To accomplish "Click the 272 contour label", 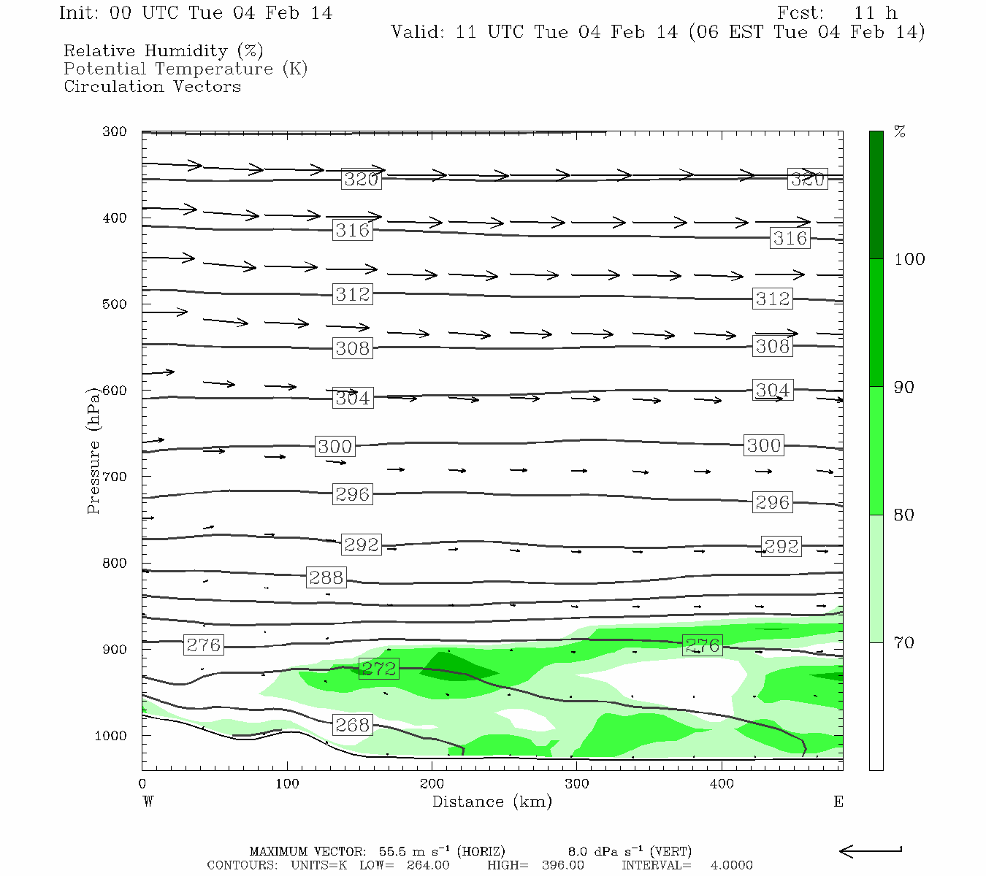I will click(x=378, y=668).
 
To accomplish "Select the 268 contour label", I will click(x=353, y=724).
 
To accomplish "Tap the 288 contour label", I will click(x=326, y=577).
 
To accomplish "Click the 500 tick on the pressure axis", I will click(x=115, y=304).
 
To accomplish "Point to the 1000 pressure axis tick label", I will click(x=111, y=736).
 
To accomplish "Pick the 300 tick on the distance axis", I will click(x=577, y=784).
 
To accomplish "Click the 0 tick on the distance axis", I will click(x=142, y=784).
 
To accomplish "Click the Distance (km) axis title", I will click(x=492, y=802).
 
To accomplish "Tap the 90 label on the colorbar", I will click(x=904, y=387).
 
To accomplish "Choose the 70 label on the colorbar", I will click(x=904, y=642).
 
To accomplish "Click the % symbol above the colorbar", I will click(x=900, y=132).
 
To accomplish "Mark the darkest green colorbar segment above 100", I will click(x=876, y=195).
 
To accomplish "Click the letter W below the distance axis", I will click(x=148, y=802).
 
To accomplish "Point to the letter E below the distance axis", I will click(x=838, y=802).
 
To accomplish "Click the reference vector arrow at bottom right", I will click(x=870, y=850).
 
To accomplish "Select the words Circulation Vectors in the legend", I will click(x=152, y=86).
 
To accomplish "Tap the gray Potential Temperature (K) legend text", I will click(x=186, y=69).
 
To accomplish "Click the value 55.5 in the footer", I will click(x=391, y=851).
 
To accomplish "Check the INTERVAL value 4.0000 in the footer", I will click(x=731, y=865).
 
